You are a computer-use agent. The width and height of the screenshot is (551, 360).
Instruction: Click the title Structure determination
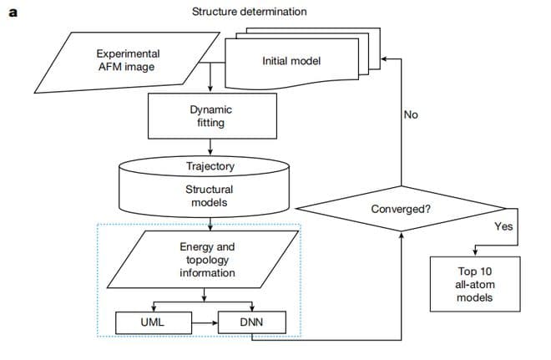tap(249, 12)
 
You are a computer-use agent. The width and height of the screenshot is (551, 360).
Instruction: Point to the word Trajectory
tap(210, 166)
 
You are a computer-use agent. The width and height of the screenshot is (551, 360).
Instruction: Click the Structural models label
tap(210, 196)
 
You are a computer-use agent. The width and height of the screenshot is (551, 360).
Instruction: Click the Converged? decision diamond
tap(402, 208)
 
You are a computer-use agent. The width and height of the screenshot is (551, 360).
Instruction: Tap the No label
tap(410, 114)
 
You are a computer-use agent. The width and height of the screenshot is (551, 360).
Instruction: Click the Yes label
tap(503, 226)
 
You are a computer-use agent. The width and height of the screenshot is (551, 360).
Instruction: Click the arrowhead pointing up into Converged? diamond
tap(402, 235)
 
